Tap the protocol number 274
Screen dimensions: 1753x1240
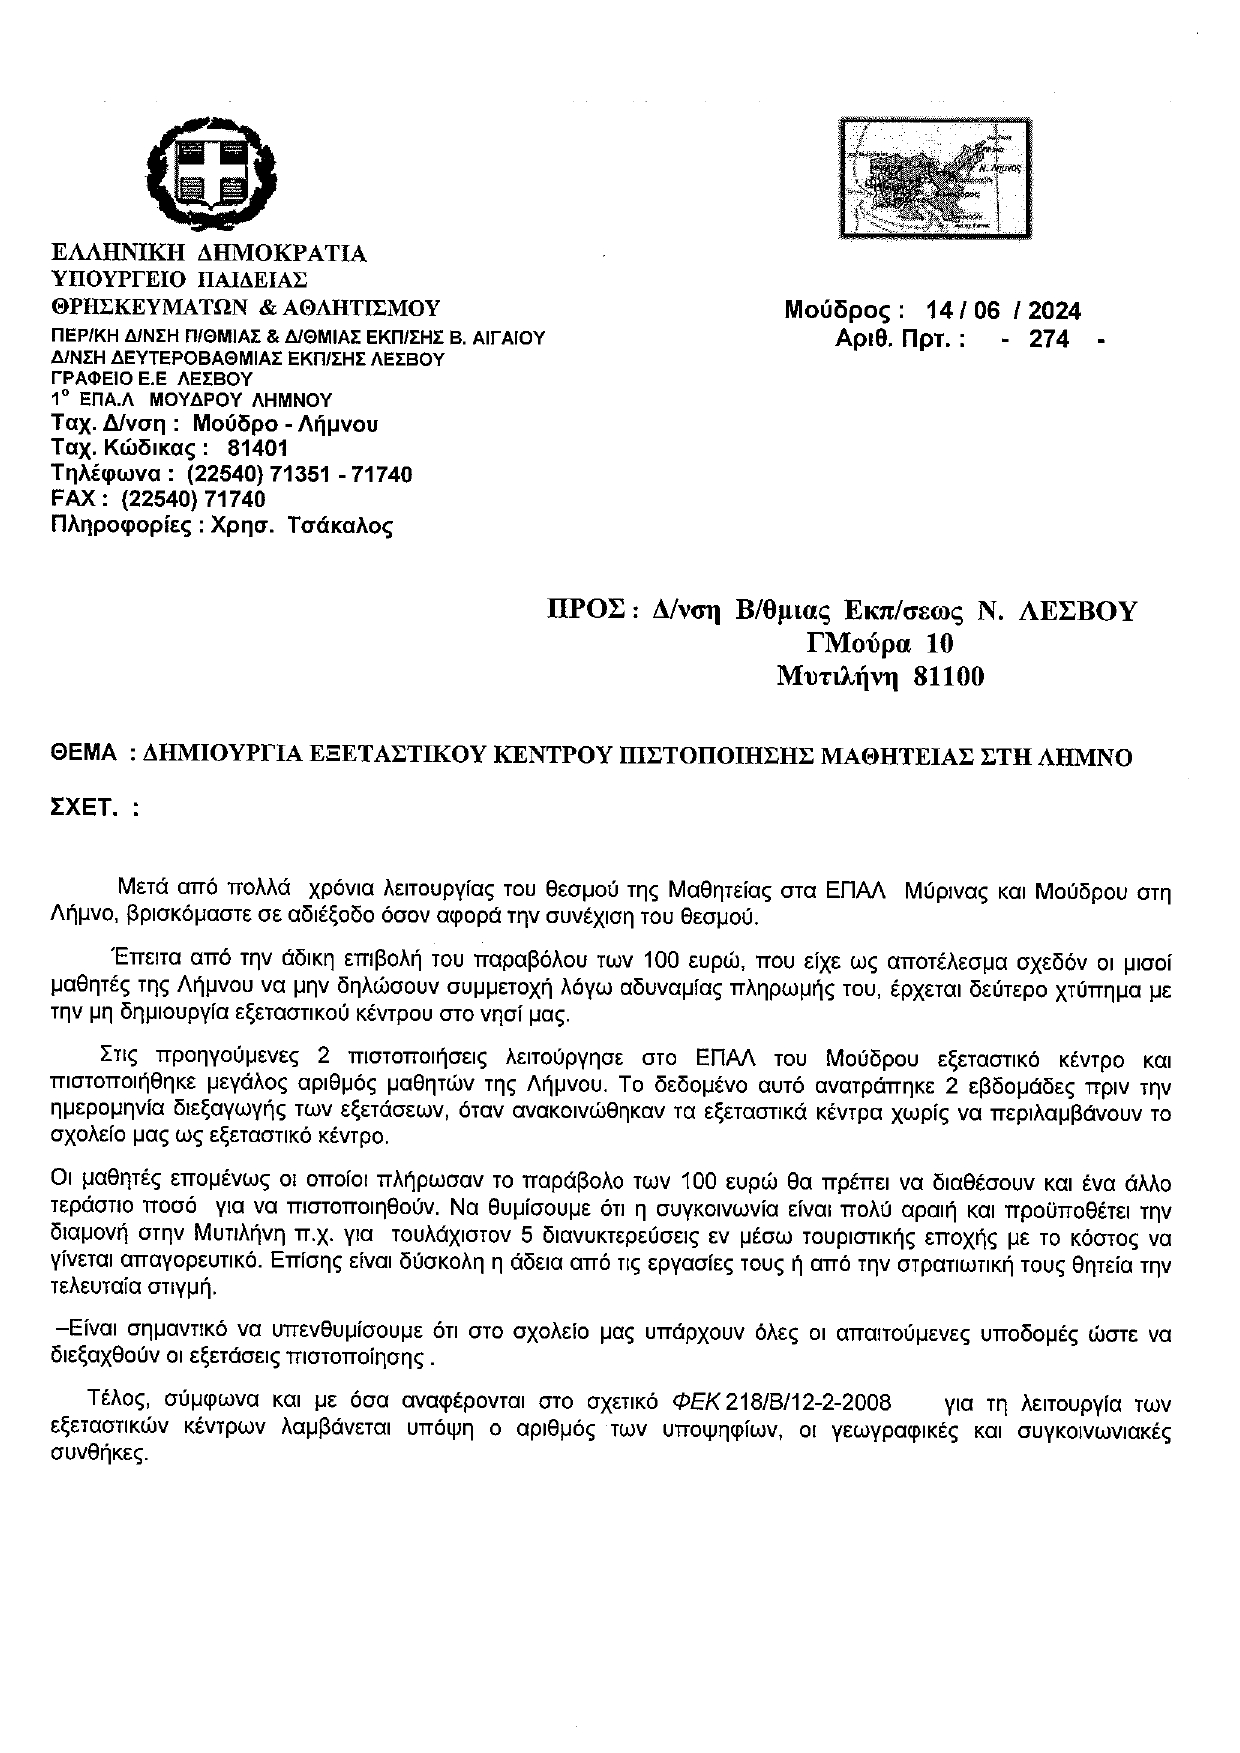pyautogui.click(x=1049, y=340)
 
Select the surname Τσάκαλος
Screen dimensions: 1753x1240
pyautogui.click(x=339, y=526)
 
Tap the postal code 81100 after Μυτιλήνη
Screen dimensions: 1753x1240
pyautogui.click(x=948, y=677)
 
